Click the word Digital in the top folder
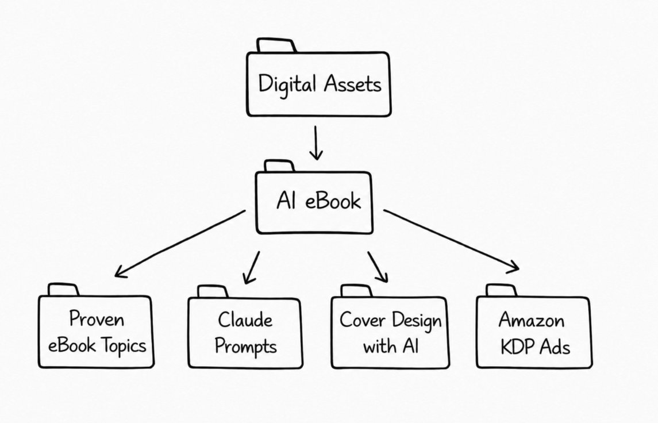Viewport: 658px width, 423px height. tap(287, 84)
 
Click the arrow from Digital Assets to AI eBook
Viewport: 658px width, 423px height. tap(315, 143)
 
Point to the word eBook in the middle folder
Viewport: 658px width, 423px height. tap(333, 201)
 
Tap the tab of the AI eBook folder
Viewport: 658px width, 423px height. tap(279, 166)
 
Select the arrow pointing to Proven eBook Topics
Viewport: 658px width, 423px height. tap(180, 243)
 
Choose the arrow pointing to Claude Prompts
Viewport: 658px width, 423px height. tap(251, 267)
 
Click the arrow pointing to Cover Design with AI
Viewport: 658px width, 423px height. tap(378, 267)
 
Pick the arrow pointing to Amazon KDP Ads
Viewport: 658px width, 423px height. tap(451, 241)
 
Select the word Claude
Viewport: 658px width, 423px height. tap(245, 320)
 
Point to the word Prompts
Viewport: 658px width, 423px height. tap(245, 347)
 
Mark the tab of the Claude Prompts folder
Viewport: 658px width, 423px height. tap(212, 292)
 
